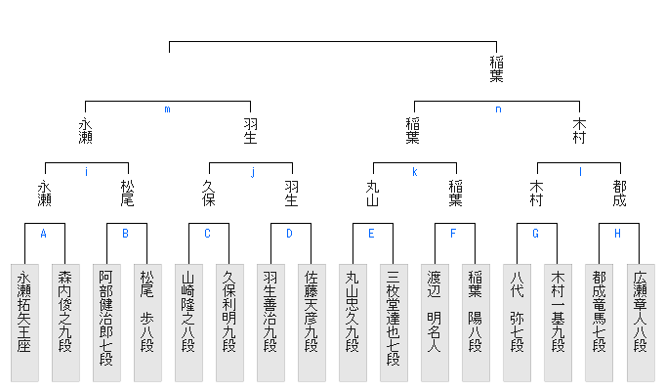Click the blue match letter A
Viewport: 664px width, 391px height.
(44, 234)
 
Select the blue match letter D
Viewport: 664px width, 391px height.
(289, 234)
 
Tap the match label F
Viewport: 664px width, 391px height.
(453, 234)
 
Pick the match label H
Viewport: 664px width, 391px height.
(617, 234)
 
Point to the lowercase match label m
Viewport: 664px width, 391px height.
(168, 109)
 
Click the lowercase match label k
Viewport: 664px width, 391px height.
(414, 172)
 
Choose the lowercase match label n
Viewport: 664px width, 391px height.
(497, 109)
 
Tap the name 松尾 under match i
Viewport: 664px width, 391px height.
(127, 193)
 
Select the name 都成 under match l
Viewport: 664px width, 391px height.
(619, 193)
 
